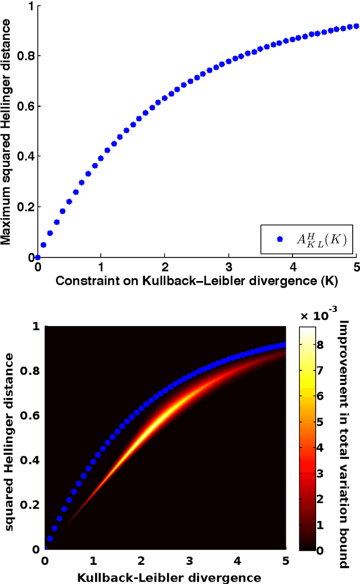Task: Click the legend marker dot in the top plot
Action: pos(280,239)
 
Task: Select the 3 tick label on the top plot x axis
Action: pos(229,265)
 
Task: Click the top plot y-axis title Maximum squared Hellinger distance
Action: pos(7,132)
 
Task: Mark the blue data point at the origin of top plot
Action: pos(38,257)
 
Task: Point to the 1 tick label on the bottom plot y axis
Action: pos(35,327)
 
